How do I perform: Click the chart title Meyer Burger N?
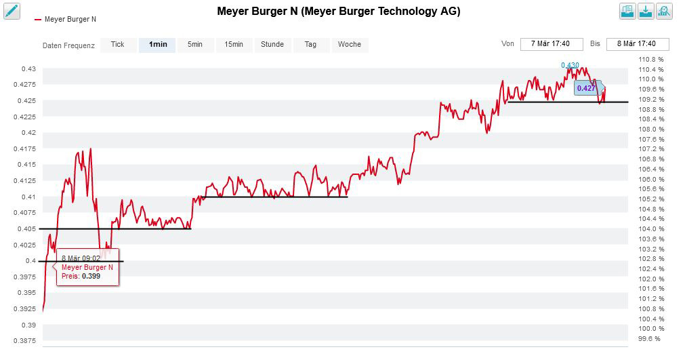click(x=338, y=12)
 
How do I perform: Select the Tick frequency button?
click(x=117, y=45)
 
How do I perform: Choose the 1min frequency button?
click(x=157, y=45)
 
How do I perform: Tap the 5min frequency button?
click(x=195, y=45)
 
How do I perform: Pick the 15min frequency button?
click(x=234, y=45)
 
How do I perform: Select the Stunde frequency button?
click(x=272, y=45)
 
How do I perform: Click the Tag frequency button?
click(x=310, y=45)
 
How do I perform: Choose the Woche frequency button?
click(x=350, y=45)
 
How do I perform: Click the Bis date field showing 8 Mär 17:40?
click(x=637, y=44)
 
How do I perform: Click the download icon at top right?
click(x=646, y=11)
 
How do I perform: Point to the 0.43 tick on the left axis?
click(x=28, y=69)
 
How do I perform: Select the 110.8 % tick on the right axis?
click(x=651, y=60)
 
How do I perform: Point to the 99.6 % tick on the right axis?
click(x=649, y=339)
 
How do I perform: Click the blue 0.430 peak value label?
click(x=570, y=66)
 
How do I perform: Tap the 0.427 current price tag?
click(x=586, y=88)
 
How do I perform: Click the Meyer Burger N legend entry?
click(x=70, y=19)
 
